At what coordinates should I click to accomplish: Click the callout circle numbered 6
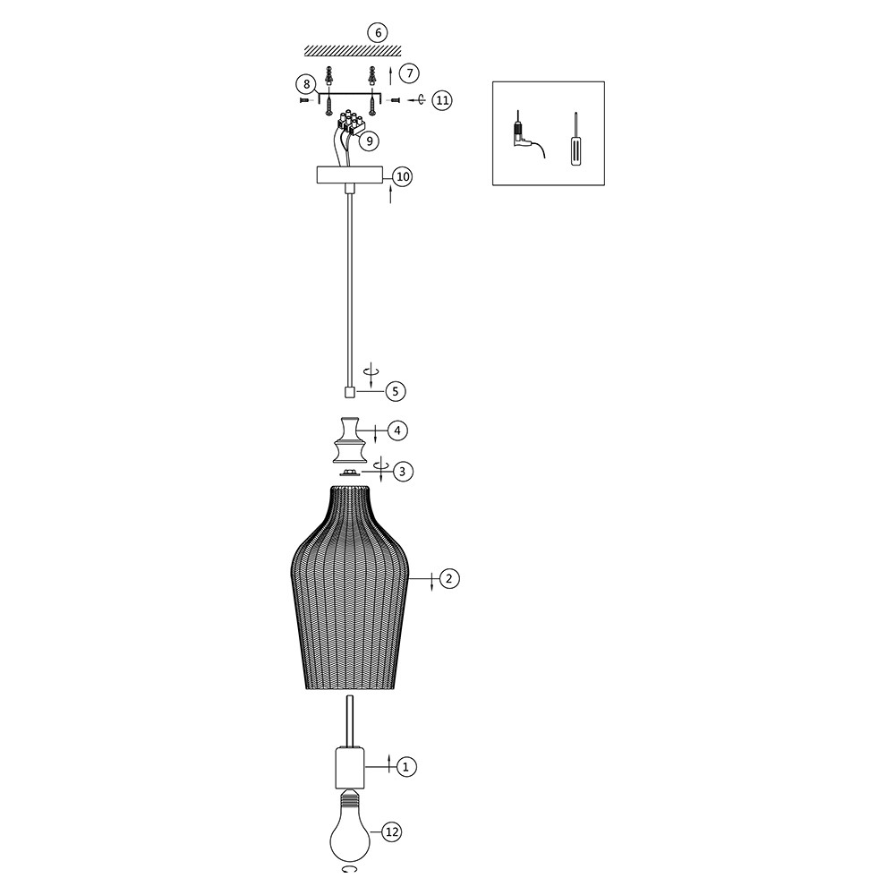pos(378,33)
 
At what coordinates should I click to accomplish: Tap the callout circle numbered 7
pos(409,73)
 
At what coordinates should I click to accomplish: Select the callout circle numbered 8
pos(306,85)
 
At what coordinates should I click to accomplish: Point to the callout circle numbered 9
pos(370,141)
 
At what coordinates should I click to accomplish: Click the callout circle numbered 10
pos(403,177)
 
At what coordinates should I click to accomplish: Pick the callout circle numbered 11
pos(441,100)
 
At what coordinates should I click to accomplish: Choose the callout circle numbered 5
pos(396,392)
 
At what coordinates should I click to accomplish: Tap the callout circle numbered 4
pos(397,430)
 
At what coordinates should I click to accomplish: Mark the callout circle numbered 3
pos(403,472)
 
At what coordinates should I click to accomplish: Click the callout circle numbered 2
pos(449,579)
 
